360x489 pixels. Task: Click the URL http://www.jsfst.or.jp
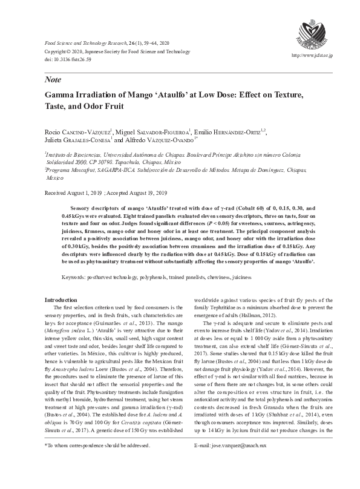316,55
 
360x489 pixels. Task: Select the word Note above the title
53,79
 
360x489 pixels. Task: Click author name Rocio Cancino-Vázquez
77,132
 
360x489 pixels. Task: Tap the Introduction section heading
61,300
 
